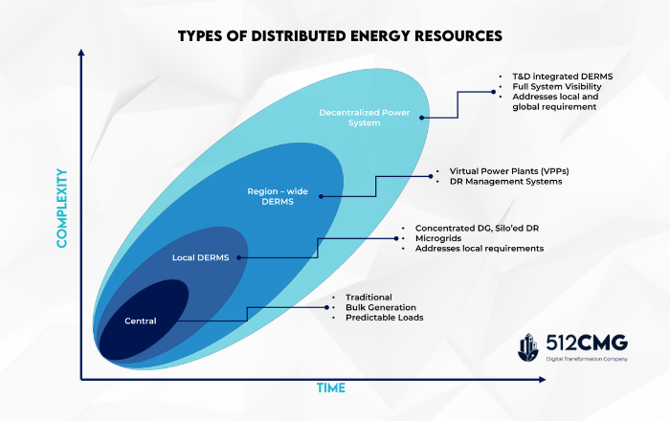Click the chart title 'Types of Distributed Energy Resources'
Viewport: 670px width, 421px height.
[x=340, y=35]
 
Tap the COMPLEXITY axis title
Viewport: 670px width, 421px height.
[x=62, y=208]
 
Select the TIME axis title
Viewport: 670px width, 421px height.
[x=331, y=388]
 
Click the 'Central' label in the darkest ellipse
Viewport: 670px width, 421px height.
[x=140, y=321]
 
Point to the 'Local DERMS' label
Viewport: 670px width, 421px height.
[x=200, y=257]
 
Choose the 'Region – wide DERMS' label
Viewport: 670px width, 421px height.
[x=278, y=196]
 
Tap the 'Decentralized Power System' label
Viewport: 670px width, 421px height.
[x=364, y=118]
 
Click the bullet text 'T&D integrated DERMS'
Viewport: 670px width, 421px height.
[x=563, y=77]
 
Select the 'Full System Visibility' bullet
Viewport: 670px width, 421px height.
[x=557, y=87]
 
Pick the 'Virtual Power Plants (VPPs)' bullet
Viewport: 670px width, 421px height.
[x=509, y=171]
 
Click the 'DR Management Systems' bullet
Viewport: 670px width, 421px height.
[x=505, y=182]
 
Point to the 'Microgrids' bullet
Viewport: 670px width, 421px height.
[x=438, y=238]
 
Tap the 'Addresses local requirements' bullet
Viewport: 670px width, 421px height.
[x=479, y=249]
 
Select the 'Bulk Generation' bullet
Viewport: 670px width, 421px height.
[x=380, y=307]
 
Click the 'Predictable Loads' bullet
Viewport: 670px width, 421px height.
[x=384, y=318]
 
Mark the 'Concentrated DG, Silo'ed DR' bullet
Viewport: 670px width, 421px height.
[x=477, y=228]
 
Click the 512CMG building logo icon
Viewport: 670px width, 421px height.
[x=528, y=347]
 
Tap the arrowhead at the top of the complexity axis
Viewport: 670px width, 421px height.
[x=81, y=52]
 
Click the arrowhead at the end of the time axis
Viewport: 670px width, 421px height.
[x=543, y=379]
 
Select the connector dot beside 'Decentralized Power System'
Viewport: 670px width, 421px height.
[x=422, y=118]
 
